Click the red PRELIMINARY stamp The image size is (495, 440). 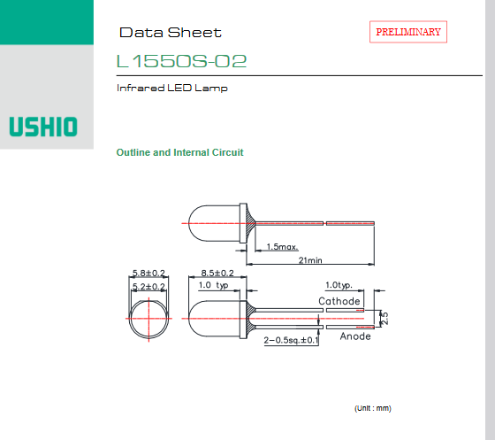408,32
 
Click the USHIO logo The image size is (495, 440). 43,127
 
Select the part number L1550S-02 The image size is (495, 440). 181,61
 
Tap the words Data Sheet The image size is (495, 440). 171,33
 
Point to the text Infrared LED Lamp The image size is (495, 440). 172,88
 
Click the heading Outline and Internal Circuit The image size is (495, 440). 180,152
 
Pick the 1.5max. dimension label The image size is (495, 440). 283,246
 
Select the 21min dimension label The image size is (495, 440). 310,260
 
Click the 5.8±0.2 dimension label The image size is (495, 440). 148,273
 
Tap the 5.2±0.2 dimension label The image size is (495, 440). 148,286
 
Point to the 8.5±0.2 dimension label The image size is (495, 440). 217,273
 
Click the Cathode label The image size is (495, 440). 339,301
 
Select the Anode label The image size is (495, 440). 355,336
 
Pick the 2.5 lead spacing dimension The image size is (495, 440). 385,319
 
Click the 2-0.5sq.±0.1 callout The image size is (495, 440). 291,340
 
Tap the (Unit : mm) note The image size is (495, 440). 373,408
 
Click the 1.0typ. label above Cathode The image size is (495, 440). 339,285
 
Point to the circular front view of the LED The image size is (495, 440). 148,319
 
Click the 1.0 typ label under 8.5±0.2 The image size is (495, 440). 213,285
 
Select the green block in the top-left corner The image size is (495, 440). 47,22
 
